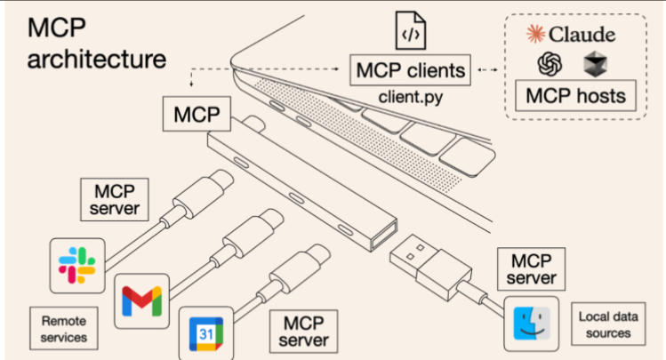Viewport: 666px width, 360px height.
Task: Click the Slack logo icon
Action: point(76,266)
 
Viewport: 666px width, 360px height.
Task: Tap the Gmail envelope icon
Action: point(142,301)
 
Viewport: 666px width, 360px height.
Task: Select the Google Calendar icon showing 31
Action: point(206,333)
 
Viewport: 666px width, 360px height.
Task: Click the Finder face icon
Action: point(532,324)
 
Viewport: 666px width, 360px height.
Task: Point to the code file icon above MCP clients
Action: point(410,30)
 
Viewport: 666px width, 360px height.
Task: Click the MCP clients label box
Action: point(410,70)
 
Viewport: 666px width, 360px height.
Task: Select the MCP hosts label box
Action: point(575,95)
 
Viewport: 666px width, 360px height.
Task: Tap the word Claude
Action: point(582,35)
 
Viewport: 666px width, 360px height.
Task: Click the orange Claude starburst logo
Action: point(535,34)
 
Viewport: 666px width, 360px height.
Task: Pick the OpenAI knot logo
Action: point(550,64)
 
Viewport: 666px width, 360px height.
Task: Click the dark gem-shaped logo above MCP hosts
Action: point(595,64)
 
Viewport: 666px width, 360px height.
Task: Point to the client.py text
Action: point(410,97)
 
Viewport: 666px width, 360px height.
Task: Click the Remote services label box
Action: point(64,329)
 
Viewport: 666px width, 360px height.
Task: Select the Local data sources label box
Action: point(608,324)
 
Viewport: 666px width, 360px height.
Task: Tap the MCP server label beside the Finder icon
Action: point(532,269)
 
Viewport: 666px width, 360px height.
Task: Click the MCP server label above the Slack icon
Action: point(115,199)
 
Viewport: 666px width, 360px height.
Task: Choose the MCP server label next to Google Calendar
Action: point(304,332)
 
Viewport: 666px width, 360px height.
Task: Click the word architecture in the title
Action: point(97,59)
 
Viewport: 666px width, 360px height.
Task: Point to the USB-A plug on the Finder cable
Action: point(430,268)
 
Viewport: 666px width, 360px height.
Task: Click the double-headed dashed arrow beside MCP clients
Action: point(487,69)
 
